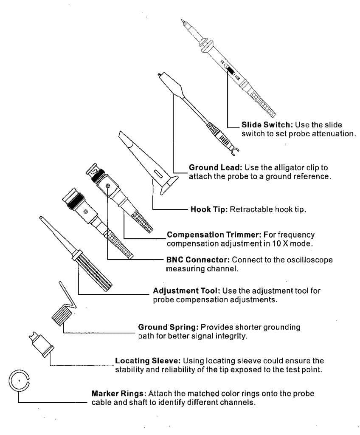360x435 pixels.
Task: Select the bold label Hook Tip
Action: [208, 210]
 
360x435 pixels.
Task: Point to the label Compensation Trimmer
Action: [214, 234]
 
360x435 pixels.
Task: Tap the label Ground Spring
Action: [168, 328]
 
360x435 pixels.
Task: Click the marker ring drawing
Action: [19, 381]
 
